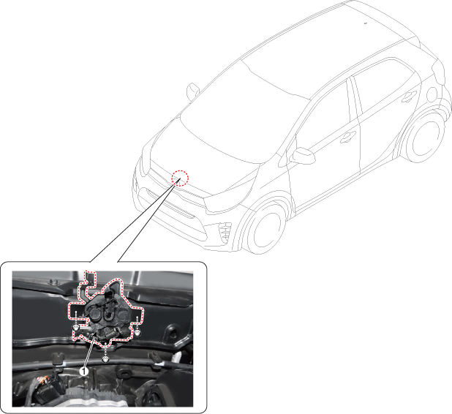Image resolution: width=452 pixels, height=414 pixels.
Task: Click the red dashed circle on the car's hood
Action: [180, 178]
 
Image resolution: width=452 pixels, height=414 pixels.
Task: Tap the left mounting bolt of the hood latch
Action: [76, 328]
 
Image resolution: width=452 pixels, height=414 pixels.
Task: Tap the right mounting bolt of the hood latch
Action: [138, 333]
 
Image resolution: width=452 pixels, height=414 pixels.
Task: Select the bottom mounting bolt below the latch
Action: [106, 359]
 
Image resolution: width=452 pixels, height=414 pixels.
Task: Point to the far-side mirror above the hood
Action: [192, 91]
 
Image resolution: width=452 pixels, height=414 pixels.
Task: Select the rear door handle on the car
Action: [410, 96]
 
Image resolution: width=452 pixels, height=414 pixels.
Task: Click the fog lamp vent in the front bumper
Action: [225, 232]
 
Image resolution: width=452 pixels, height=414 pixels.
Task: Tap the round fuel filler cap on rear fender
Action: [432, 94]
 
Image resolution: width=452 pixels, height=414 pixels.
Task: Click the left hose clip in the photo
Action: [58, 358]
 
